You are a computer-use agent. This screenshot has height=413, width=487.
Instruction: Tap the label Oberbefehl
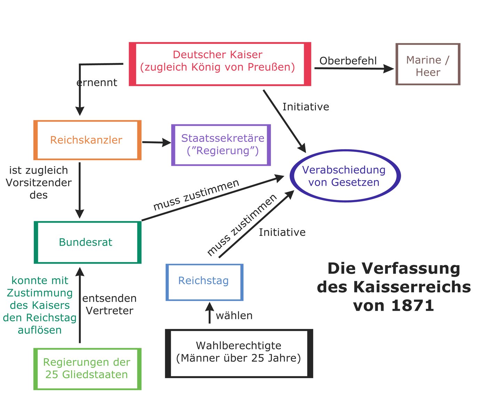(x=348, y=61)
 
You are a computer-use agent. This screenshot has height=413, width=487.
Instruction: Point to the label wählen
(x=234, y=315)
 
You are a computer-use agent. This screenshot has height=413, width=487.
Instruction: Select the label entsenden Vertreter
(x=110, y=305)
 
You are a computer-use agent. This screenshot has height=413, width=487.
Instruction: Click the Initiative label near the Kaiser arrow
(x=306, y=107)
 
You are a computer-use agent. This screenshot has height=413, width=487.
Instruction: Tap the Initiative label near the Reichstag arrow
(x=282, y=232)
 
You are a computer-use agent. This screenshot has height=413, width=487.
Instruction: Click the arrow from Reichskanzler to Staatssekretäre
(x=157, y=143)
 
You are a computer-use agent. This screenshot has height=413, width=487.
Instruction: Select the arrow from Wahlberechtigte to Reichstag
(x=209, y=313)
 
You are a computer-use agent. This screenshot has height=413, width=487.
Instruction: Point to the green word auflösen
(x=40, y=330)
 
